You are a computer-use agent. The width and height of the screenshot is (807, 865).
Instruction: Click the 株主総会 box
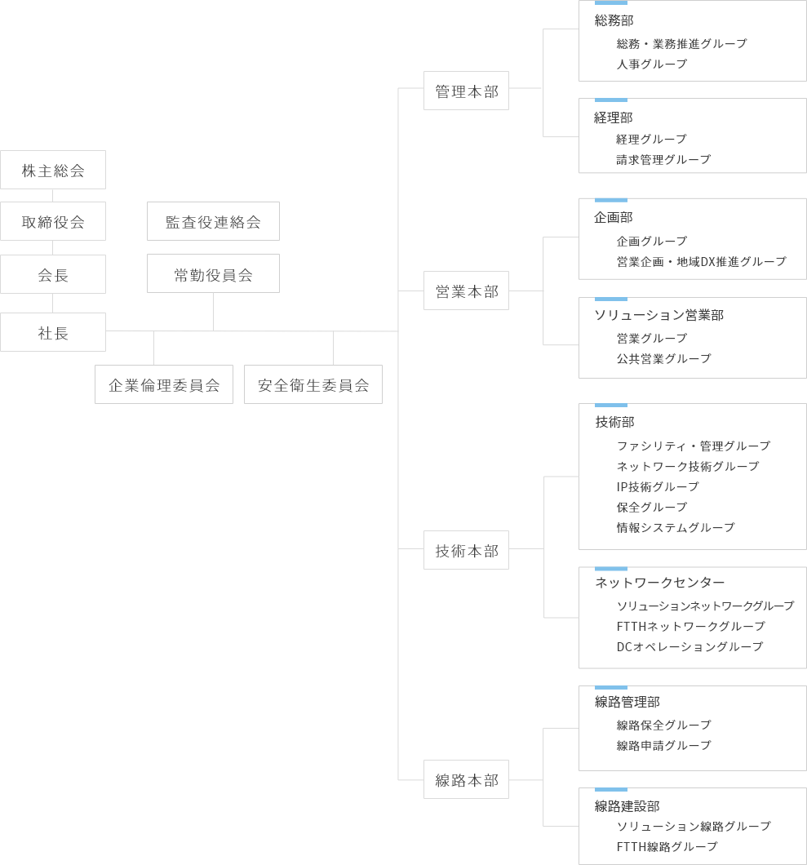coord(53,170)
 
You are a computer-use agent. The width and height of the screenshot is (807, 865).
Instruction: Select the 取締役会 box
coord(53,221)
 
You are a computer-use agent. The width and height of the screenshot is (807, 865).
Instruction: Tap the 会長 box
coord(53,274)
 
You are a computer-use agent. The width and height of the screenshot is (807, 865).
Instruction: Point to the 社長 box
coord(53,332)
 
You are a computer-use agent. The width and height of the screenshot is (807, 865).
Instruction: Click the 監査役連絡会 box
coord(213,221)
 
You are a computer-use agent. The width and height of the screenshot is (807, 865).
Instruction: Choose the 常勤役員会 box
coord(213,274)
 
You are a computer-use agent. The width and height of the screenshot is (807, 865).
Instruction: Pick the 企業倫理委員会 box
coord(164,384)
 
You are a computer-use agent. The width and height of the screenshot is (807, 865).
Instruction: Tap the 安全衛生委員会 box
coord(313,384)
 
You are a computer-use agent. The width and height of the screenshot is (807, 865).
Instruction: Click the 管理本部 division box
coord(466,91)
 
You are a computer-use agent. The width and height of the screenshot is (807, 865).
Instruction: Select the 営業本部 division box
coord(466,291)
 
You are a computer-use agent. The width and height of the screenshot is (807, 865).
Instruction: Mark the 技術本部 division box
coord(466,550)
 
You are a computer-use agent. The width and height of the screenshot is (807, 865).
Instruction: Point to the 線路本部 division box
coord(466,779)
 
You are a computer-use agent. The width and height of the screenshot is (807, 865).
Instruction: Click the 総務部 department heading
coord(614,20)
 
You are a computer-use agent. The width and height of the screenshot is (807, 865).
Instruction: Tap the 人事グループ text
coord(652,64)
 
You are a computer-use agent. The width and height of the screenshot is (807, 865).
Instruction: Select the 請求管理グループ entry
coord(663,159)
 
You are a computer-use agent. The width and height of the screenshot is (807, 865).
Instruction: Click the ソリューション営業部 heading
coord(658,314)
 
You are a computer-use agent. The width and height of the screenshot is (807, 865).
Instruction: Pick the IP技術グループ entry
coord(658,486)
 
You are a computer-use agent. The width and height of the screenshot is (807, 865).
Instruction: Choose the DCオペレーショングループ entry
coord(689,646)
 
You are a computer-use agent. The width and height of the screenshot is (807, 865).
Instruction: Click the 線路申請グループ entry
coord(663,745)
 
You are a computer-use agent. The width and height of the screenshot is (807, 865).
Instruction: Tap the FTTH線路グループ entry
coord(667,846)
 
